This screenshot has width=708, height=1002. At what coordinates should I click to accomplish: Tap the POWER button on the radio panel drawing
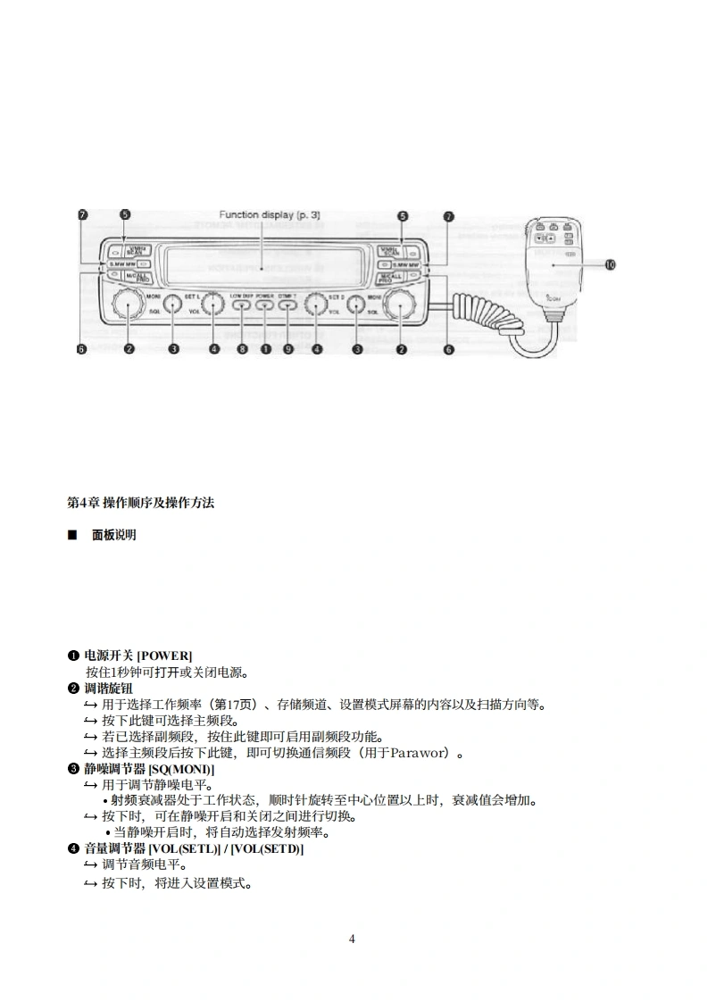265,305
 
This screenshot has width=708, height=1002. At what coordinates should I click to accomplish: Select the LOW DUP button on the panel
242,305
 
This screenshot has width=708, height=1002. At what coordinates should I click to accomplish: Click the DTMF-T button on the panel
287,305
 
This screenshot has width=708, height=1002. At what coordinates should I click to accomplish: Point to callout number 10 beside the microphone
610,264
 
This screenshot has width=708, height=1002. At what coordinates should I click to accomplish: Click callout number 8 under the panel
242,349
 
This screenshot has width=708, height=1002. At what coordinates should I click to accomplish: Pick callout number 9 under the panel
287,349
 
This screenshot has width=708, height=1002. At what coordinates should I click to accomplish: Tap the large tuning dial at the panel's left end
129,305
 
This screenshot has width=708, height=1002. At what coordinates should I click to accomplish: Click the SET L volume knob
212,305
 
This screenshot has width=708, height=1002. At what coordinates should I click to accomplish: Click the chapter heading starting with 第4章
141,503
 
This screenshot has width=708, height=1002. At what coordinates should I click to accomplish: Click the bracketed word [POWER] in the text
164,655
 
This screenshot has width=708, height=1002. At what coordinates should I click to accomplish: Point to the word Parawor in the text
419,753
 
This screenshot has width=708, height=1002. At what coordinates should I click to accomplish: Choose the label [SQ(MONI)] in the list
181,769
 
